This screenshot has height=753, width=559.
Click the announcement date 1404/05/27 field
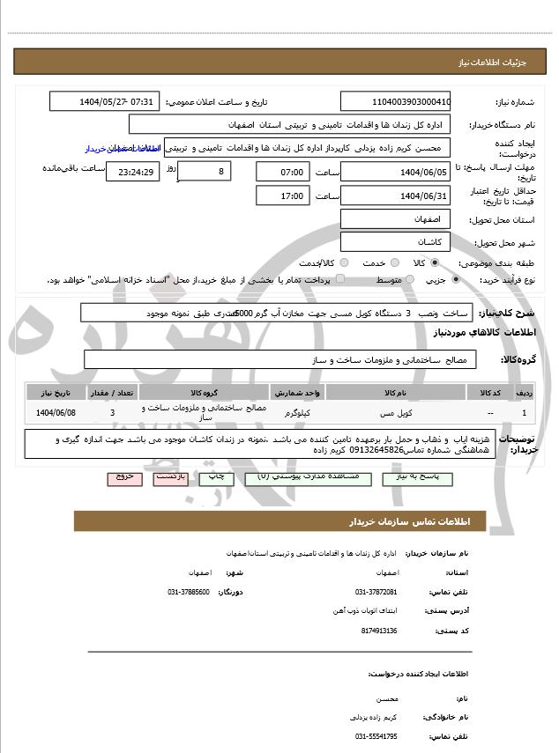pos(105,101)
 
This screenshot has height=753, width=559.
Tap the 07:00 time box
pos(283,172)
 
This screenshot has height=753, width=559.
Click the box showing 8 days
pos(205,170)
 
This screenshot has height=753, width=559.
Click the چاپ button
pos(217,476)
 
